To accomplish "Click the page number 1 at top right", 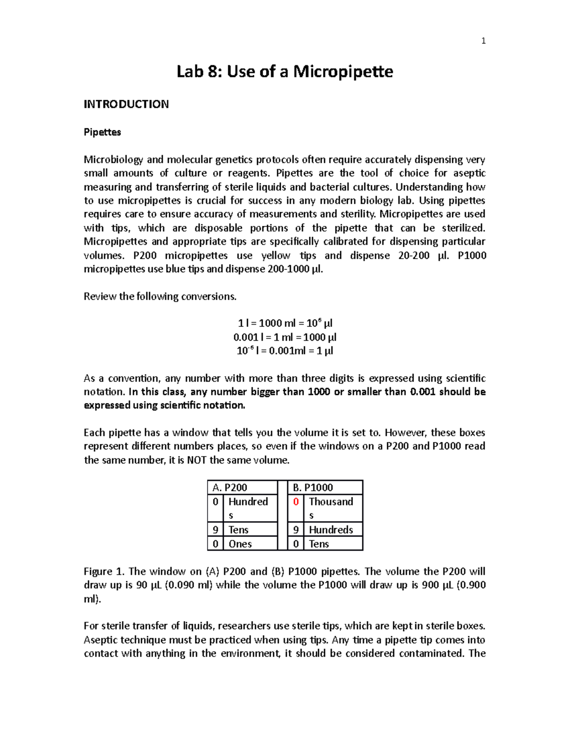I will point(483,41).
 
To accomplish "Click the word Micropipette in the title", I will point(343,72).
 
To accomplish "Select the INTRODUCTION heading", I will point(126,104).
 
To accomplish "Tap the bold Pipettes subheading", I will point(102,132).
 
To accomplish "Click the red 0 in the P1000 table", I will point(296,502).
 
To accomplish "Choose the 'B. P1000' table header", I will point(313,488).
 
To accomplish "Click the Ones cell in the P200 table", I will point(240,544).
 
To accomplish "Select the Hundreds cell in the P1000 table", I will point(331,530).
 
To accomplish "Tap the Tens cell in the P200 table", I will point(238,530).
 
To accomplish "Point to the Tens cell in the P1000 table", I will point(319,544).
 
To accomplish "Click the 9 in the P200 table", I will point(215,530).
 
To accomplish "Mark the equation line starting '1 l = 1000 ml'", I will point(285,324).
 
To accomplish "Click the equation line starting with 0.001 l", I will point(285,337).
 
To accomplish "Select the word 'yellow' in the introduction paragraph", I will point(275,256).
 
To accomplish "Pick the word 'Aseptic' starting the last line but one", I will point(101,640).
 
